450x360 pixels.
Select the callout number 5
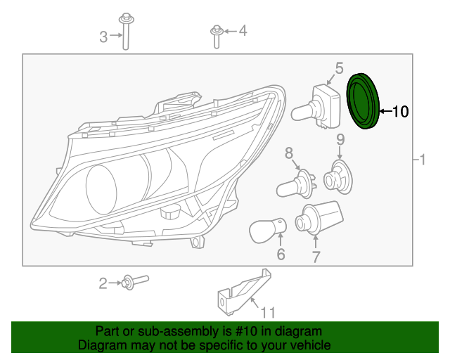pyautogui.click(x=339, y=68)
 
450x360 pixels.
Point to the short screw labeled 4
pyautogui.click(x=216, y=35)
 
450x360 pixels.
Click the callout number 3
pyautogui.click(x=103, y=37)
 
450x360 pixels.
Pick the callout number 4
pyautogui.click(x=243, y=30)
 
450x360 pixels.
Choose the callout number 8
pyautogui.click(x=288, y=153)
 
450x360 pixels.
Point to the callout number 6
pyautogui.click(x=281, y=254)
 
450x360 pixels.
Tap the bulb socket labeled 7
pyautogui.click(x=318, y=218)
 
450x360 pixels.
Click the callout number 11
pyautogui.click(x=268, y=312)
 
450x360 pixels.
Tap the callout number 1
pyautogui.click(x=423, y=160)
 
